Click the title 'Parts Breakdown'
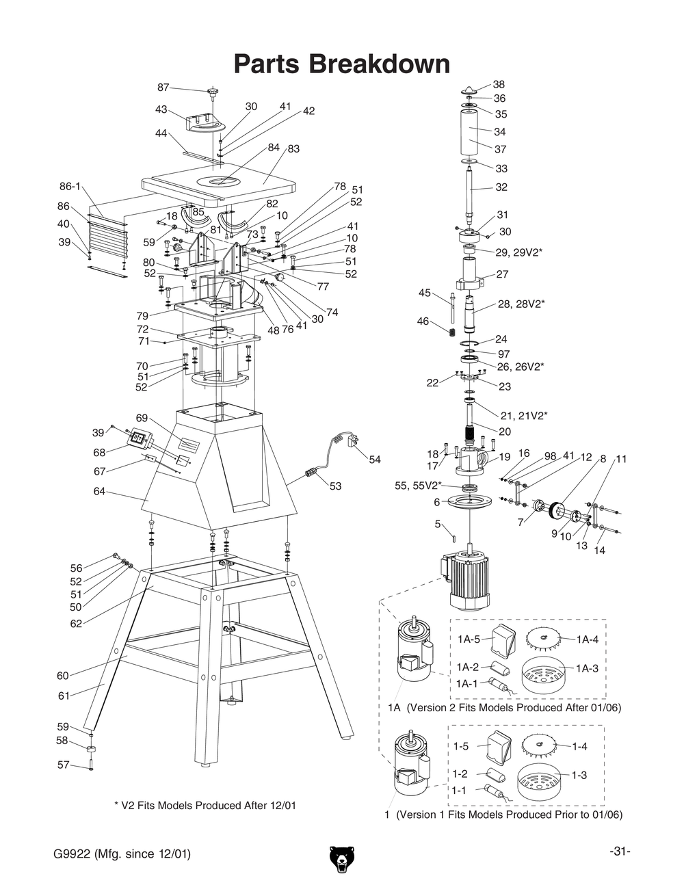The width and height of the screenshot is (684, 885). pyautogui.click(x=341, y=64)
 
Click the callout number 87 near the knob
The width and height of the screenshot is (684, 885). pyautogui.click(x=163, y=88)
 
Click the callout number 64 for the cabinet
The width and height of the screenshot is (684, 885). pyautogui.click(x=100, y=491)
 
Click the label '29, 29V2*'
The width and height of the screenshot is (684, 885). pyautogui.click(x=518, y=252)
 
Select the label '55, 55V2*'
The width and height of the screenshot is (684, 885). pyautogui.click(x=418, y=486)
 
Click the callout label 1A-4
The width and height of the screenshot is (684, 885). pyautogui.click(x=588, y=639)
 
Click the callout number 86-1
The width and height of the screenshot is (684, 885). pyautogui.click(x=70, y=186)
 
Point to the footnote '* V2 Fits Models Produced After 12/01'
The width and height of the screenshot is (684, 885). pyautogui.click(x=205, y=805)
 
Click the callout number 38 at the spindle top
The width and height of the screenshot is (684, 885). pyautogui.click(x=499, y=84)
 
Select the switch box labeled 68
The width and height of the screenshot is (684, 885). pyautogui.click(x=141, y=440)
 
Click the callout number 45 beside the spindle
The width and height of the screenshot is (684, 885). pyautogui.click(x=424, y=293)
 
